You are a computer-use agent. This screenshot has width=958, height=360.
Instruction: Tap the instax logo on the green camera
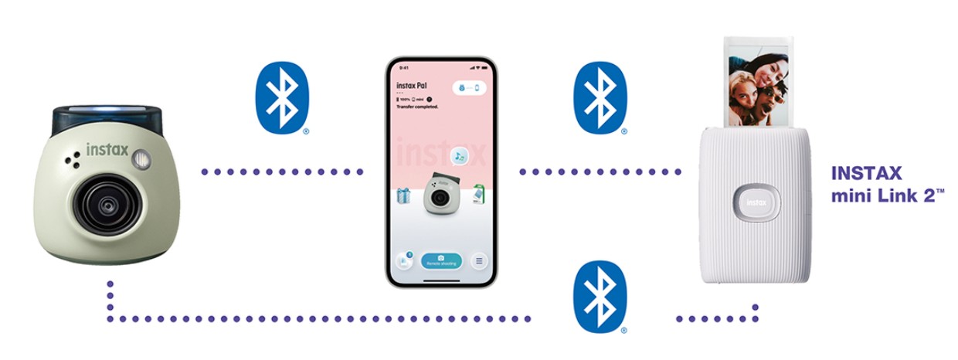107,149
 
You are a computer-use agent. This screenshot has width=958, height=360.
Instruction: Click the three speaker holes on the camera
72,161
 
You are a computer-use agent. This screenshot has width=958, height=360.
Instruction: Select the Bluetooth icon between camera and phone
282,98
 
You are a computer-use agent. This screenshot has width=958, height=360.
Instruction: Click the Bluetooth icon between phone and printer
600,98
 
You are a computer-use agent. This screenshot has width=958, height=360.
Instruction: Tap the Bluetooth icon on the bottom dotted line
600,297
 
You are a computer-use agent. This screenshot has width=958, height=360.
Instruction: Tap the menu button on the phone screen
479,261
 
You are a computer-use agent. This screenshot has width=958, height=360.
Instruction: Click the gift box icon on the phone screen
404,195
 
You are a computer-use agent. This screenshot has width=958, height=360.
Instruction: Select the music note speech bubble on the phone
459,156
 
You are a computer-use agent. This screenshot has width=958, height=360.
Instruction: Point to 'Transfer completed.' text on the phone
418,107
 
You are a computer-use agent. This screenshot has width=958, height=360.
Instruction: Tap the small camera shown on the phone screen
440,197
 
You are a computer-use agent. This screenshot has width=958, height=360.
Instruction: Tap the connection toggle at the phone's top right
471,89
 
